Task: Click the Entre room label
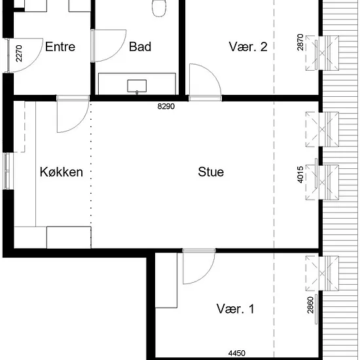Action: (60, 46)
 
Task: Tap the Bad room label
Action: (140, 46)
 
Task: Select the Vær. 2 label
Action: (248, 46)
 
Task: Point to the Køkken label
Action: (62, 171)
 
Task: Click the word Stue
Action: (211, 171)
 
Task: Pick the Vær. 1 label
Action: (236, 309)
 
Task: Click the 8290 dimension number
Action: (166, 106)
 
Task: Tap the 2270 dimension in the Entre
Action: (19, 54)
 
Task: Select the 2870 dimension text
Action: (300, 43)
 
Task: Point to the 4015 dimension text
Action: (300, 175)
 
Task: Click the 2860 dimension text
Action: (310, 305)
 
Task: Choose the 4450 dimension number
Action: (237, 353)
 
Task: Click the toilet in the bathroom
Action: (159, 9)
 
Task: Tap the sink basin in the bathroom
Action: (137, 86)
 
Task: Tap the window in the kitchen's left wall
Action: (7, 171)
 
